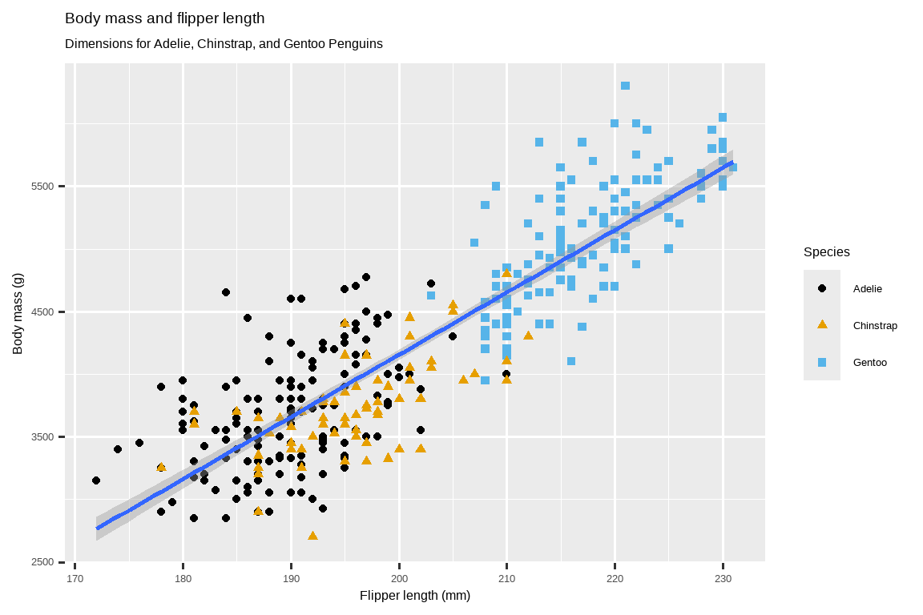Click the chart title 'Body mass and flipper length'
click(x=164, y=18)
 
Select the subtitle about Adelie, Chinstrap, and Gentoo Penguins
click(x=224, y=43)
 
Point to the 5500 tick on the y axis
click(x=42, y=187)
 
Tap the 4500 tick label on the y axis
click(x=42, y=312)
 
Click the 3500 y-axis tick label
click(x=42, y=437)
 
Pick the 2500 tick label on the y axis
click(x=42, y=562)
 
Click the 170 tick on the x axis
click(x=75, y=577)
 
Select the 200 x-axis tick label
click(x=399, y=577)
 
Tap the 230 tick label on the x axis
click(x=723, y=577)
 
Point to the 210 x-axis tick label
click(x=507, y=577)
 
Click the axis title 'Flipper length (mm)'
click(x=415, y=596)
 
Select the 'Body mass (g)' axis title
click(x=18, y=312)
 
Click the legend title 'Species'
click(x=826, y=252)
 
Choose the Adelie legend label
click(x=867, y=288)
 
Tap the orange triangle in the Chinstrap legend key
click(x=821, y=324)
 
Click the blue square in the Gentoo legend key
click(x=821, y=362)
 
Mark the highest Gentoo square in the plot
click(x=625, y=86)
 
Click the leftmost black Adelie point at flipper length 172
click(x=96, y=480)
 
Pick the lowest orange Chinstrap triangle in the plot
click(x=312, y=535)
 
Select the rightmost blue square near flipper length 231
click(x=732, y=167)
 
